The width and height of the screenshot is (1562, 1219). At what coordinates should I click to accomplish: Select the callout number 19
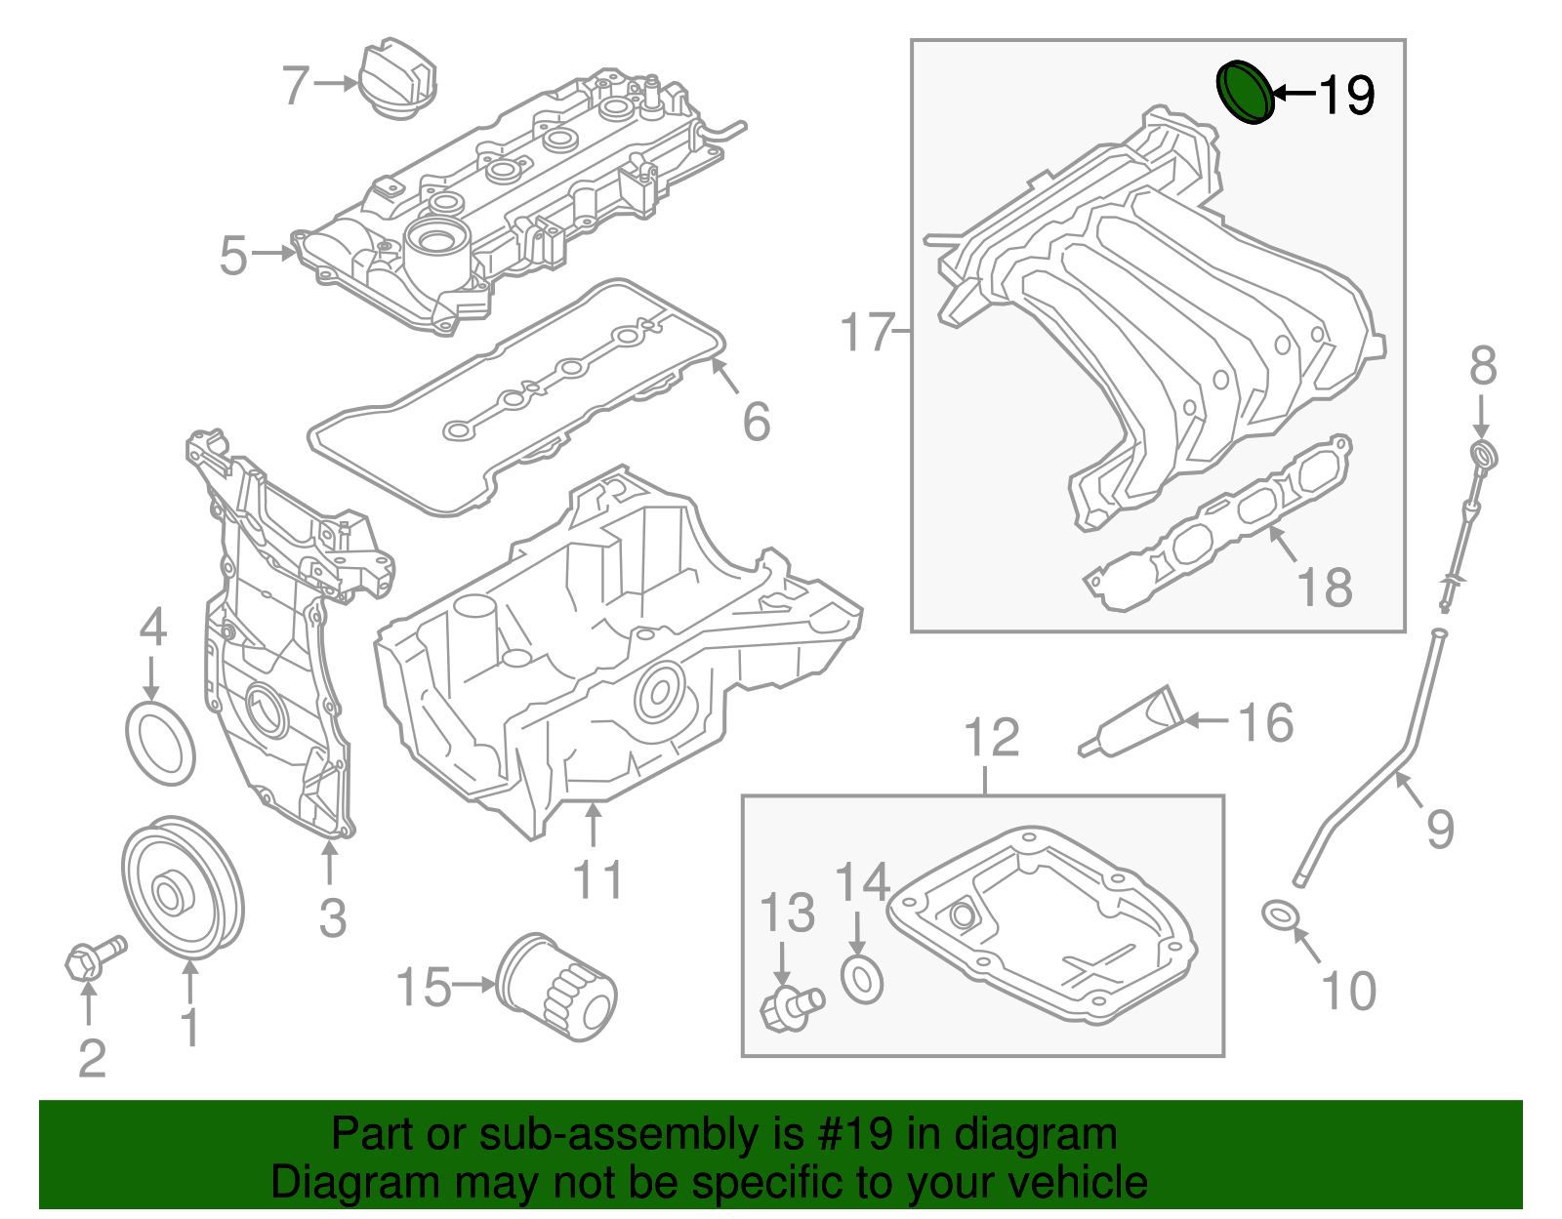[x=1346, y=95]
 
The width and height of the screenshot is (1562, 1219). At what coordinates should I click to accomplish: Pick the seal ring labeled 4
[x=161, y=742]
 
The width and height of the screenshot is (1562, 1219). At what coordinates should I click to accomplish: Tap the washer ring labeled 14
[x=862, y=979]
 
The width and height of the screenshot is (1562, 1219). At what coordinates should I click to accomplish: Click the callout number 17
[x=867, y=333]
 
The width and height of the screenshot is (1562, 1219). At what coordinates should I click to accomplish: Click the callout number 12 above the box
[x=992, y=738]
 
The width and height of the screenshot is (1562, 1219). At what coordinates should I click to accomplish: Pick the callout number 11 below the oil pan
[x=597, y=880]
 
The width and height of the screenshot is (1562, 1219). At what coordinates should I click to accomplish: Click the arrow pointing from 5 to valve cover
[x=273, y=254]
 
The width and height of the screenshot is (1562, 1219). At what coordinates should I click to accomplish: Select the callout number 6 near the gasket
[x=757, y=422]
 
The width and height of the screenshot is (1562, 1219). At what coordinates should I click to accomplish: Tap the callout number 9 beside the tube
[x=1440, y=829]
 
